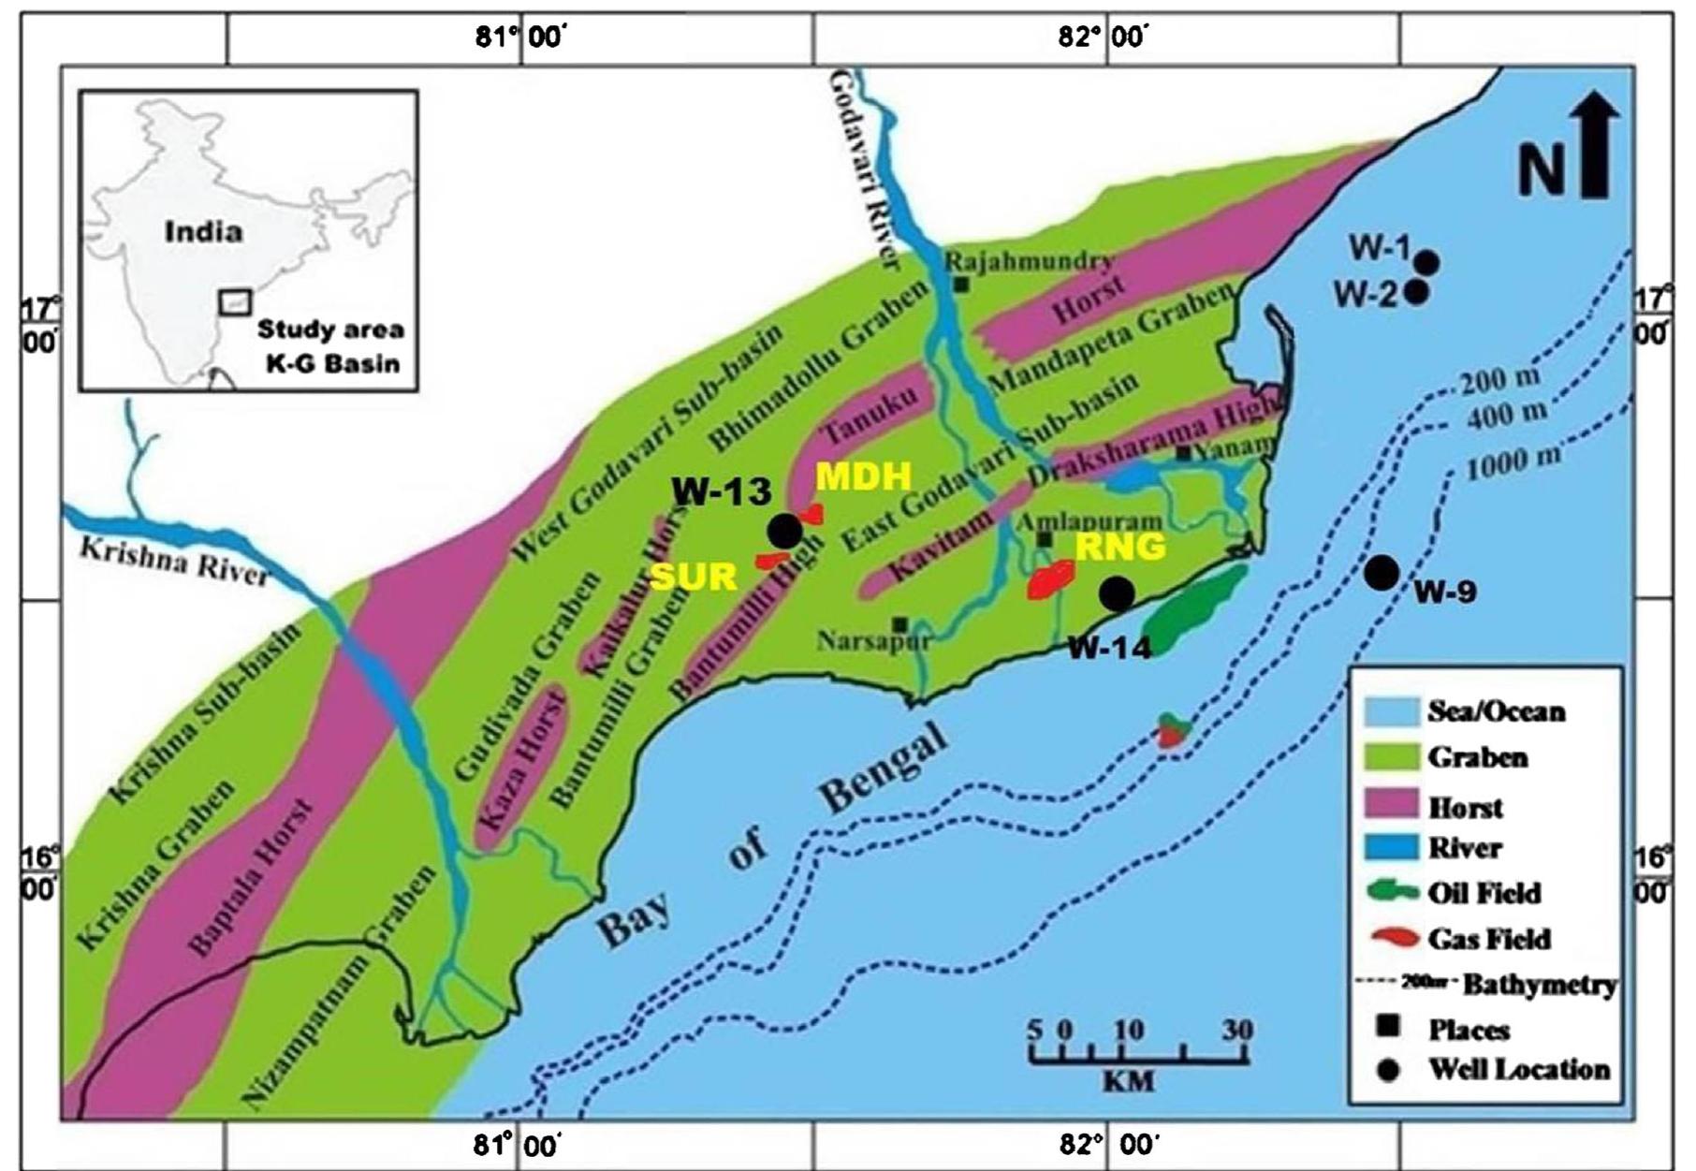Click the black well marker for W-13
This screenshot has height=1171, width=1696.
(784, 531)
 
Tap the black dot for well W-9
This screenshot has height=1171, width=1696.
(1381, 572)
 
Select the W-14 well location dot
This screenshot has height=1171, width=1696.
(1116, 593)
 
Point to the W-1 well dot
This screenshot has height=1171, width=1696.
(1426, 262)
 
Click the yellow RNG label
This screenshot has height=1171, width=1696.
(1119, 547)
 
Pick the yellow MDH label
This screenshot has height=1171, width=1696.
(863, 476)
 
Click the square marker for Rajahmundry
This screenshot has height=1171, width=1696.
(960, 284)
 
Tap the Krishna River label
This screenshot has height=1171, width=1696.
(173, 560)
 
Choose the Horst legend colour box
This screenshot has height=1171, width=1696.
(1392, 804)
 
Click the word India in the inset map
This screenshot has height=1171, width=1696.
(203, 231)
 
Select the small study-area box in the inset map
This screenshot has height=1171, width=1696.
(235, 302)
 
